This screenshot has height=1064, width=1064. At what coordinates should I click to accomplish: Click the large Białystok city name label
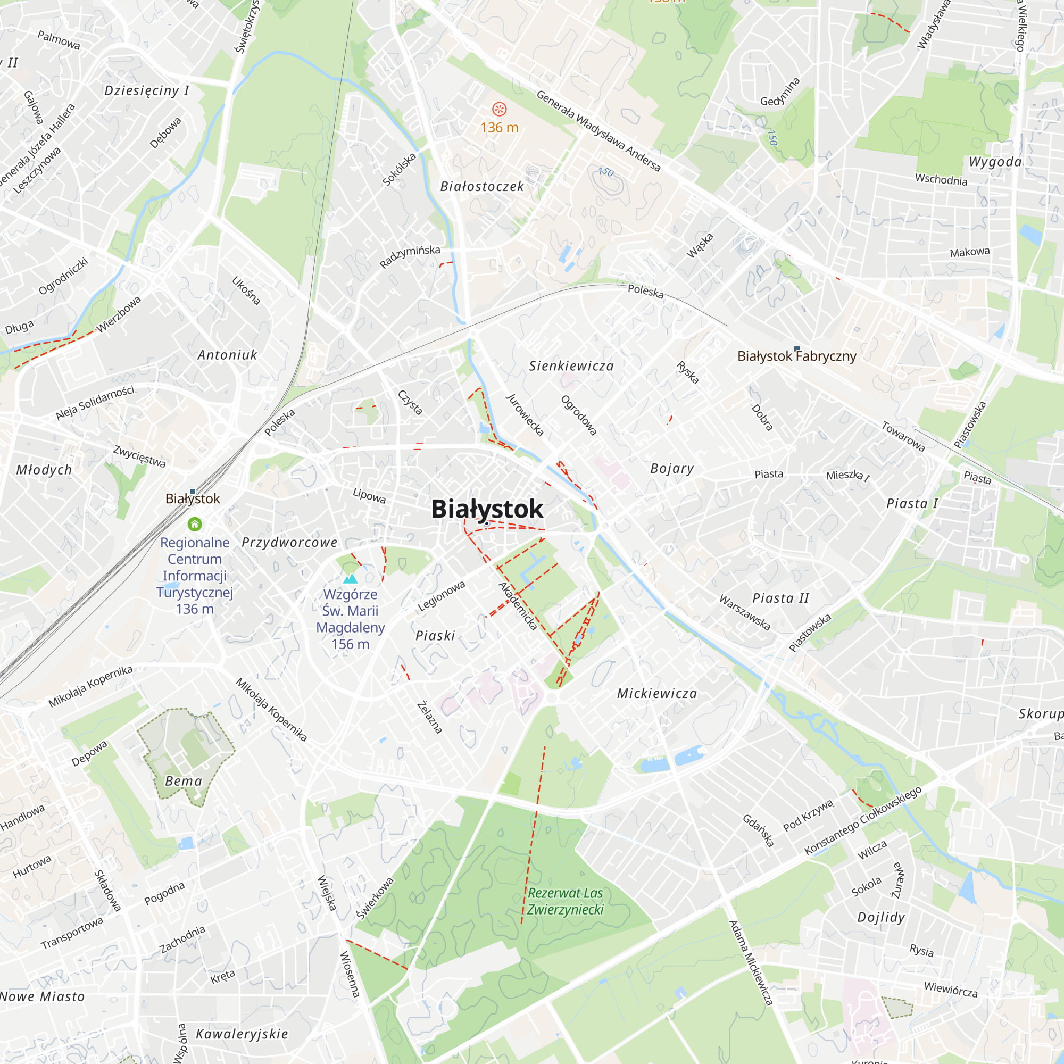coord(487,509)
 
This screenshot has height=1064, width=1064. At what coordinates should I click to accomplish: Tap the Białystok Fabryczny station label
coord(796,356)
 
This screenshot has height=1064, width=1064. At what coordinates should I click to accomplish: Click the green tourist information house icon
coord(195,523)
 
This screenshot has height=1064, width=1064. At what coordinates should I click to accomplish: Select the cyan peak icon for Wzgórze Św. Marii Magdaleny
coord(350,578)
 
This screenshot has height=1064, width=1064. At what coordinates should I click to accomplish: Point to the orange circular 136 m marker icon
coord(499,109)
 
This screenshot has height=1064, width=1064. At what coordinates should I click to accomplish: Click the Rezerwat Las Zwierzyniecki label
coord(565,901)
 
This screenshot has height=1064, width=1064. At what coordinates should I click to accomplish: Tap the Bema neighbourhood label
coord(184,781)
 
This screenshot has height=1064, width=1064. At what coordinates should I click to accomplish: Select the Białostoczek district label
coord(482,187)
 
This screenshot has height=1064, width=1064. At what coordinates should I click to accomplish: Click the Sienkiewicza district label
coord(571,366)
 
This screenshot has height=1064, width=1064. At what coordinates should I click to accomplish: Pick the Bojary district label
coord(672,469)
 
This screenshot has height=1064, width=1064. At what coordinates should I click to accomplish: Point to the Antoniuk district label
coord(228,355)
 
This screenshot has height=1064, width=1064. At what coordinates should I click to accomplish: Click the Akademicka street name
coord(517,606)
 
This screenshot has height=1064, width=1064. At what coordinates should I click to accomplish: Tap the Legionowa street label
coord(441,596)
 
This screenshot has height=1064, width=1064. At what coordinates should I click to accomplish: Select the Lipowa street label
coord(369,495)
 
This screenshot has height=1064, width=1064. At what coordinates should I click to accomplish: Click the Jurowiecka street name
coord(525,415)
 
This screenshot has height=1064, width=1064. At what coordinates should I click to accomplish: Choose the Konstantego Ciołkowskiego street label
coord(862,820)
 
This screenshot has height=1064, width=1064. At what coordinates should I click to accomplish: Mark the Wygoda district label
coord(995,162)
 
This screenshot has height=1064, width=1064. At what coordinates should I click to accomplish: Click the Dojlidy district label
coord(881,918)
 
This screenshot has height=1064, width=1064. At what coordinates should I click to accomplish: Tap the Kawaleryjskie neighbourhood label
coord(242,1034)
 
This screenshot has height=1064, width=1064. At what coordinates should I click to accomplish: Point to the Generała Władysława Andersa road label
coord(598,131)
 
